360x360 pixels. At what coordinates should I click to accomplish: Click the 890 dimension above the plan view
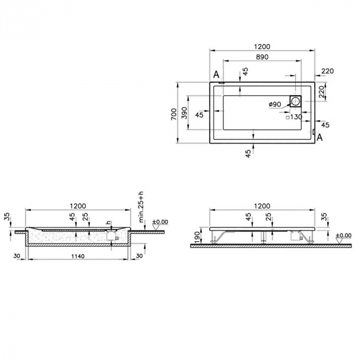point(262,58)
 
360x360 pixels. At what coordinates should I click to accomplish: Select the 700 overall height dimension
point(173,113)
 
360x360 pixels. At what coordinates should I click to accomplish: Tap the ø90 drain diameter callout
point(275,104)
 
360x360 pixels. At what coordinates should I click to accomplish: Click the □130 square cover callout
point(294,117)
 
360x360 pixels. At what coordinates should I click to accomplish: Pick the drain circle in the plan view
point(296,101)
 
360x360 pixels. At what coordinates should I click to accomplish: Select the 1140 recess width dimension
point(77,256)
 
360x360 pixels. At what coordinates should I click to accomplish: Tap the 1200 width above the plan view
point(262,47)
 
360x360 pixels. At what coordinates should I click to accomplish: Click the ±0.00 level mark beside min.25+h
point(161,222)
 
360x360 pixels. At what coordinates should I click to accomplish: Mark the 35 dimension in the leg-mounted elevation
point(323,217)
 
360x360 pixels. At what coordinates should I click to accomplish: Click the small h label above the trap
point(109,223)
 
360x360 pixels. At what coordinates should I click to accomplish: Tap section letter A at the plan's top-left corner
point(217,75)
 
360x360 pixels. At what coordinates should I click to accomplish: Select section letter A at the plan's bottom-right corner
point(319,137)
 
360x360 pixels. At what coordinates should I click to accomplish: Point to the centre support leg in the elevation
point(263,237)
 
